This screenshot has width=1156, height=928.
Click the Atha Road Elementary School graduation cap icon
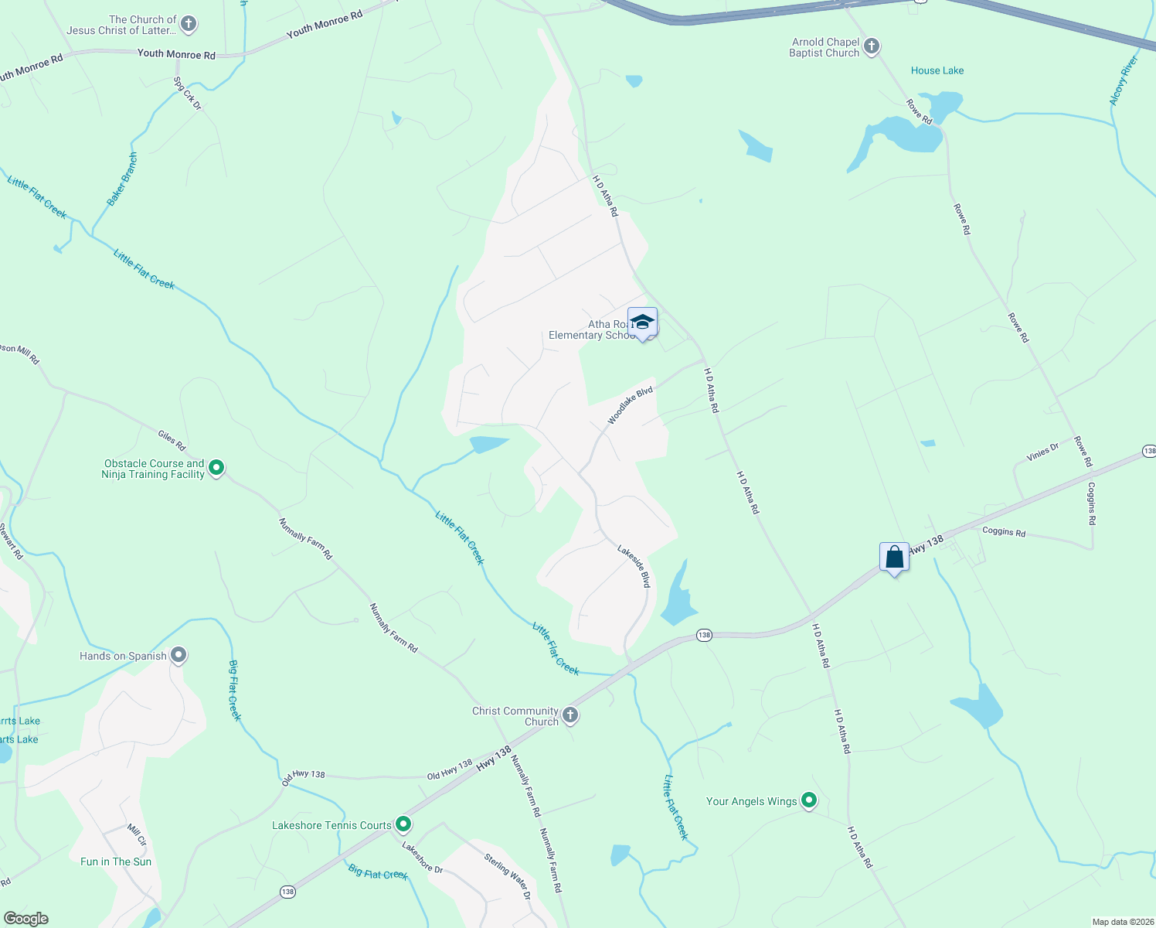(642, 322)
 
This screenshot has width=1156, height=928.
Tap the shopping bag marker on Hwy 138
(894, 557)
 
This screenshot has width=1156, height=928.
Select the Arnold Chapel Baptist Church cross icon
(872, 46)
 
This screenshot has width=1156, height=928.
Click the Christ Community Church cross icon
(570, 715)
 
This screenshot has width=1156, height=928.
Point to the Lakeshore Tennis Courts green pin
(403, 824)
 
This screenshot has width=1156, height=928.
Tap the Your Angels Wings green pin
(809, 800)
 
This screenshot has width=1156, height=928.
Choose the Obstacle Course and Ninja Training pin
(217, 467)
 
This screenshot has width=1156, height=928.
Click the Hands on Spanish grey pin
(178, 655)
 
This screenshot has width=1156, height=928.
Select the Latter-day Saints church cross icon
(188, 24)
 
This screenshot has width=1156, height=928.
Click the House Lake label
(937, 70)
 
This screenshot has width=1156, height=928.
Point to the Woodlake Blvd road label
(630, 405)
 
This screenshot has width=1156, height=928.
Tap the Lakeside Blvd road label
(634, 565)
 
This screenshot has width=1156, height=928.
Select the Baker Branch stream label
(122, 179)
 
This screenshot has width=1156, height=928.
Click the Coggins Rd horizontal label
(1004, 531)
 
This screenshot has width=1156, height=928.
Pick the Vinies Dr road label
(1042, 452)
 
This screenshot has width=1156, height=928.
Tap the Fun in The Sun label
(116, 861)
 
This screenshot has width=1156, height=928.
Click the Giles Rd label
(172, 441)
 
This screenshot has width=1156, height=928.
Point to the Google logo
(25, 919)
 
